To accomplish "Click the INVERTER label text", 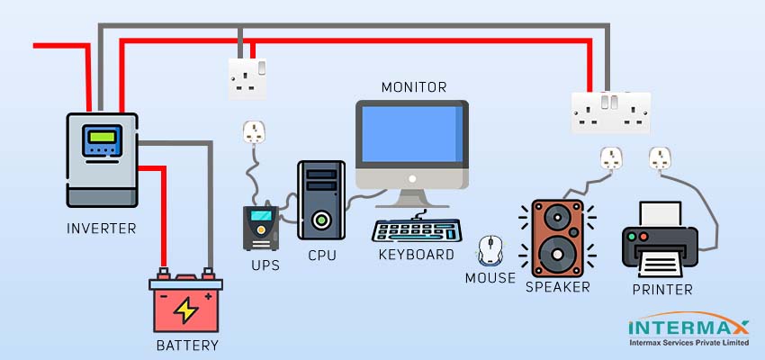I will [x=102, y=229].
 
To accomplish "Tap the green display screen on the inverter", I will [x=102, y=140].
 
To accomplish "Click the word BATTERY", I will [x=186, y=345].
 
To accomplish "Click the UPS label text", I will [x=265, y=265].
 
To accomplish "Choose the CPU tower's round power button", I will [x=321, y=219].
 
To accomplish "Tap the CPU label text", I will [x=321, y=256].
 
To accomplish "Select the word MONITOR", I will [x=414, y=87].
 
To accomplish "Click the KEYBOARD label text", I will [x=416, y=255].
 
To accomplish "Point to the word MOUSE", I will [x=490, y=278].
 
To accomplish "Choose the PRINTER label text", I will [x=662, y=290].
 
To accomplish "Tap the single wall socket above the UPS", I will [x=245, y=77].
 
